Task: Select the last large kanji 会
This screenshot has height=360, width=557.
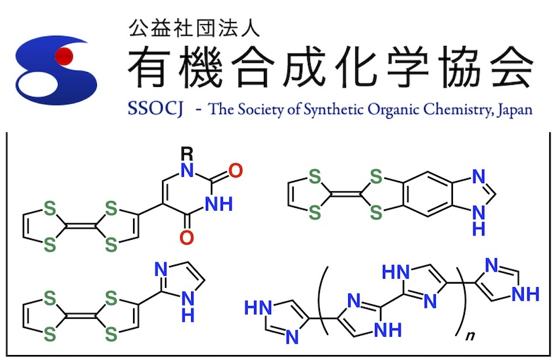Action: (x=511, y=69)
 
